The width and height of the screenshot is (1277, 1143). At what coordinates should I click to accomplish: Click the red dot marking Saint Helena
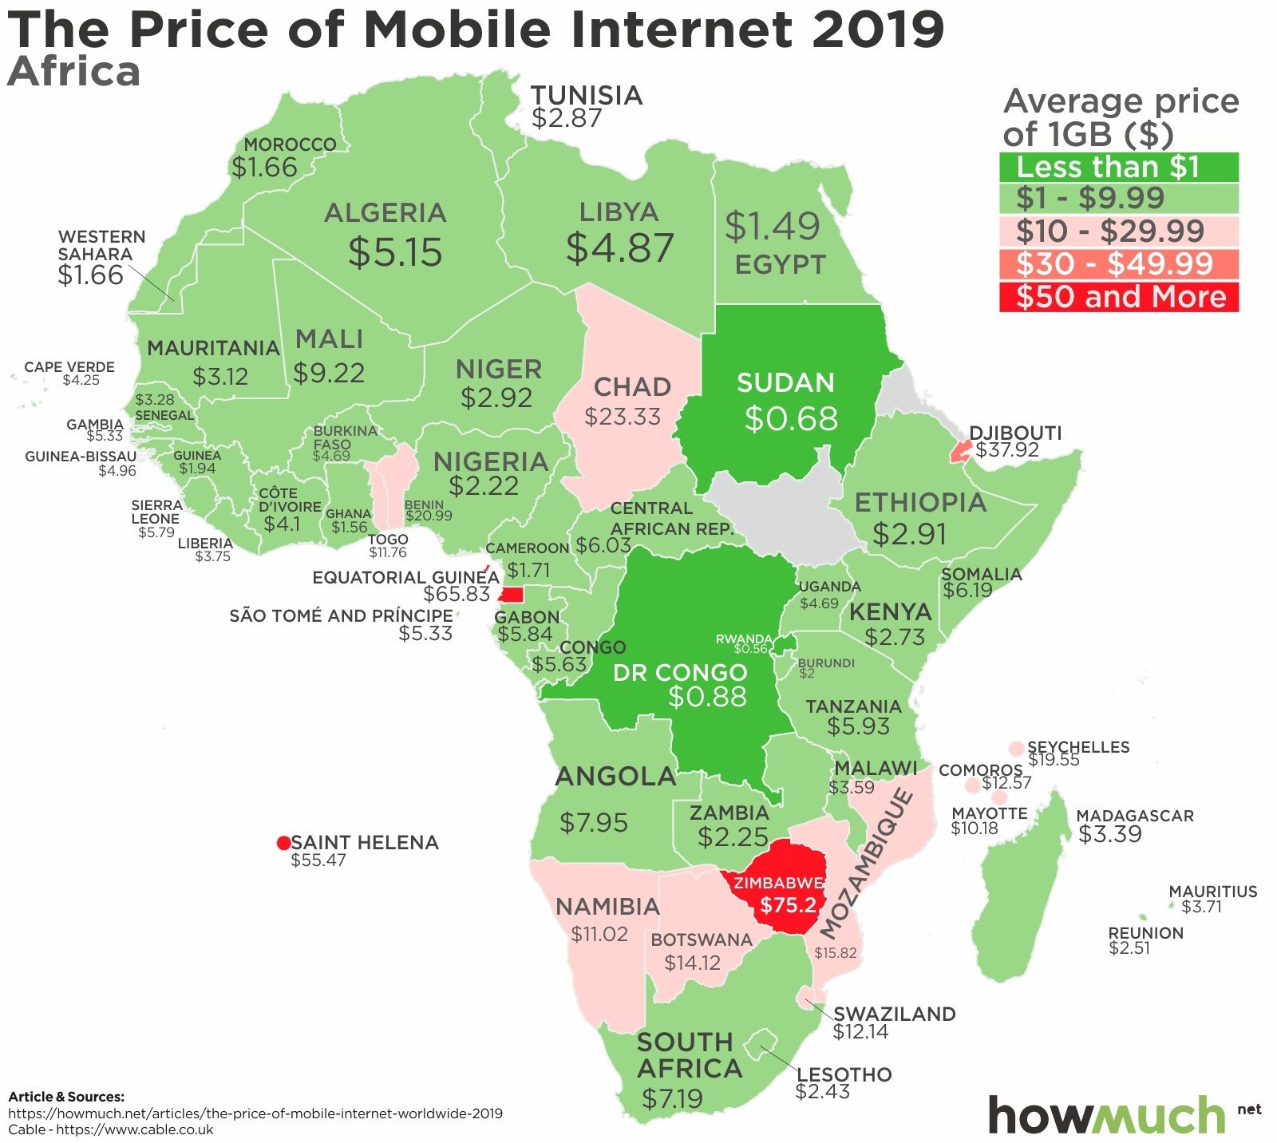283,844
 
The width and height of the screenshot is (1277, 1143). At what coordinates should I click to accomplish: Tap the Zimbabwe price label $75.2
788,905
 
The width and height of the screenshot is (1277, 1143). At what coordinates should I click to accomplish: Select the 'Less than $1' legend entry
1118,167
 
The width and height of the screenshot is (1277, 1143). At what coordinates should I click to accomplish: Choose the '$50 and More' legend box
1118,297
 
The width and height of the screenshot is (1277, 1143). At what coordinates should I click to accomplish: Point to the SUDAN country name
785,383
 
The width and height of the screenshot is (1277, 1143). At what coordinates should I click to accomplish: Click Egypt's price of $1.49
772,227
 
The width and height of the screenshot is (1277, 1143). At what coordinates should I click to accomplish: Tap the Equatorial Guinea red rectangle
511,595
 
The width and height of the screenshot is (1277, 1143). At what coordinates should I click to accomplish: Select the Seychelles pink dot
1016,748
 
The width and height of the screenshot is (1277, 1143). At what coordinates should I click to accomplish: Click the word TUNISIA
587,96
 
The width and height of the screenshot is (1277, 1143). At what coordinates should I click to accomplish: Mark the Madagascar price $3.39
1109,834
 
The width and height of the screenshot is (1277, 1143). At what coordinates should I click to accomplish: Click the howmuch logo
1108,1114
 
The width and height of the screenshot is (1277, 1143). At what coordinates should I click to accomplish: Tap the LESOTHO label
844,1074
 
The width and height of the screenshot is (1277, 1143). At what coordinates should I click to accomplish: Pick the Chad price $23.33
623,417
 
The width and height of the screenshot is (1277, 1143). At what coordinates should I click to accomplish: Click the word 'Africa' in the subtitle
73,72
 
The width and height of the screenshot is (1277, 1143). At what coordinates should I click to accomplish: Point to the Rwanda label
743,639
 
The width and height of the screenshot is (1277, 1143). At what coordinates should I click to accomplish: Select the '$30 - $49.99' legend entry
1118,264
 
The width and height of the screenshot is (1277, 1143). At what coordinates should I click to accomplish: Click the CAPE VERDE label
69,367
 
